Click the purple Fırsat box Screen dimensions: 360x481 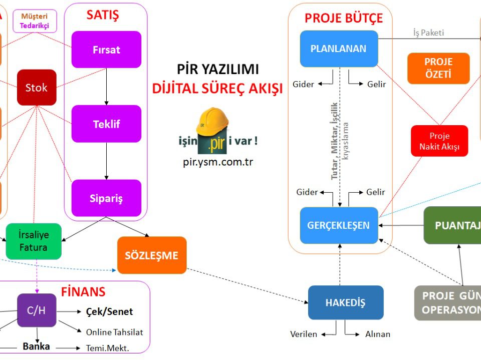click(x=106, y=50)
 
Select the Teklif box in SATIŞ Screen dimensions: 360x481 click(x=106, y=124)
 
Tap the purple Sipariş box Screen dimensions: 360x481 click(x=106, y=198)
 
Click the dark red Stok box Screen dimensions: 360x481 click(x=37, y=88)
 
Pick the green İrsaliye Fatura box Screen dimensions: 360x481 click(x=34, y=241)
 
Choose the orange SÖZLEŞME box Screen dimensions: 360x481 click(x=152, y=255)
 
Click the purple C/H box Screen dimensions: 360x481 click(x=37, y=310)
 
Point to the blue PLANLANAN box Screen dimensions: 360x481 click(x=339, y=49)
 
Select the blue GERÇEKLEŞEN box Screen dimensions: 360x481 click(x=339, y=225)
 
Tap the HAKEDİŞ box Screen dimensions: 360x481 click(x=346, y=302)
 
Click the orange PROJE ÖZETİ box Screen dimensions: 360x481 click(x=438, y=69)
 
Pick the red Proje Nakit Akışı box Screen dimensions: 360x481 click(x=439, y=141)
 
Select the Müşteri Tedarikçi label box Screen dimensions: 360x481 click(x=35, y=21)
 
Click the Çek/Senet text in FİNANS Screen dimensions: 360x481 click(x=110, y=311)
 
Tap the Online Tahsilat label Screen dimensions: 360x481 click(x=114, y=332)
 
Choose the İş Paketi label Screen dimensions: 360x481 click(x=428, y=33)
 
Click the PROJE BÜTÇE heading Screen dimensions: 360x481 click(x=344, y=19)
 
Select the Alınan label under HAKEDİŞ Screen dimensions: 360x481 click(x=377, y=334)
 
